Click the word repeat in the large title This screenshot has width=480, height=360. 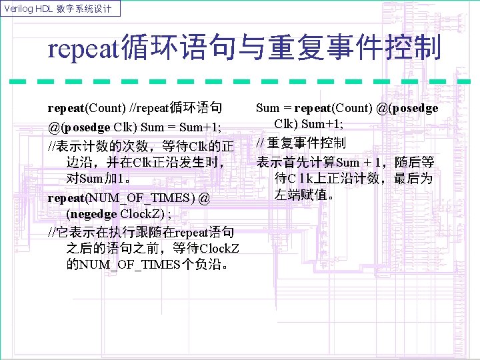pos(83,49)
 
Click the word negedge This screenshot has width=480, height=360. pos(92,214)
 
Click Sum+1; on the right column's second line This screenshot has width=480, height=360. pos(323,125)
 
